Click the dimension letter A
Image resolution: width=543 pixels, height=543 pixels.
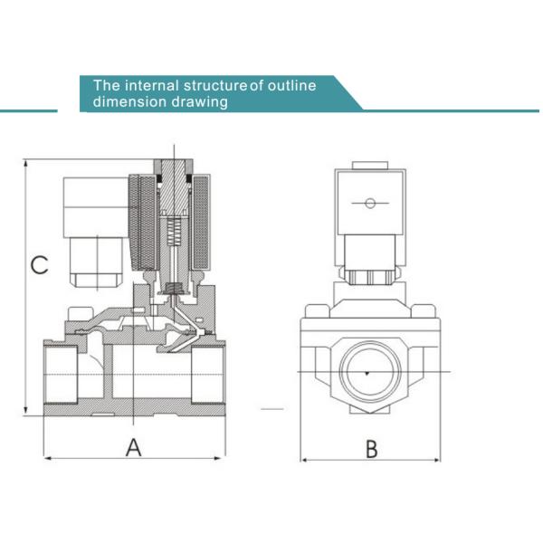(134, 446)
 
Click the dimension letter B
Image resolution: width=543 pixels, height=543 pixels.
(370, 446)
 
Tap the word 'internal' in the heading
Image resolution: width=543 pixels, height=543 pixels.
(152, 85)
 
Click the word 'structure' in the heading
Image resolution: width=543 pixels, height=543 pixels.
(217, 85)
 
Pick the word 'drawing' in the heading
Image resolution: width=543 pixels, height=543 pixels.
(199, 101)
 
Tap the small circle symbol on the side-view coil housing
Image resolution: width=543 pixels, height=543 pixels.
(368, 203)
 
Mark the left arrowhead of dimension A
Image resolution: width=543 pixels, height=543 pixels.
(47, 459)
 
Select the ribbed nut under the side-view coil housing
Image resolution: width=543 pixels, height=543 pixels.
(368, 271)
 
